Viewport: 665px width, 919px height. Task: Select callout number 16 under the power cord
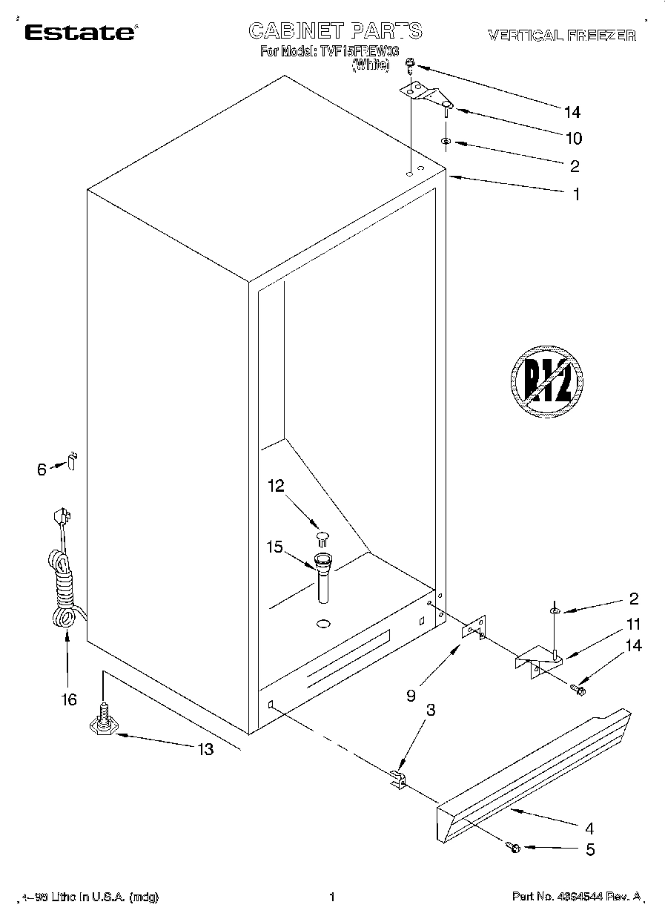pos(69,699)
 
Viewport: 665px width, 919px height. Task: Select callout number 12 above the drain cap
pos(276,486)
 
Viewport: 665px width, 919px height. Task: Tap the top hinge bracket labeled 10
pos(426,94)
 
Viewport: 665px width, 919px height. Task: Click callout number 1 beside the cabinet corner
pos(575,194)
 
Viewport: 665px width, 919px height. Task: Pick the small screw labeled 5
pos(512,846)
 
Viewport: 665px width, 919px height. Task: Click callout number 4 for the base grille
pos(589,829)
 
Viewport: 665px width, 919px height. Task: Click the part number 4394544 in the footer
pos(580,897)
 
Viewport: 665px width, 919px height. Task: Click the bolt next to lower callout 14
pos(578,691)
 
